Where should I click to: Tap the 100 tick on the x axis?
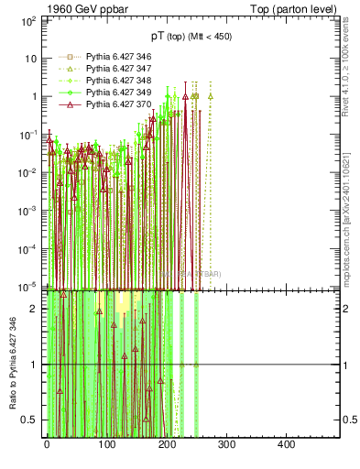pyautogui.click(x=106, y=443)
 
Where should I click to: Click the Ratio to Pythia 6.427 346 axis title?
pyautogui.click(x=12, y=363)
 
